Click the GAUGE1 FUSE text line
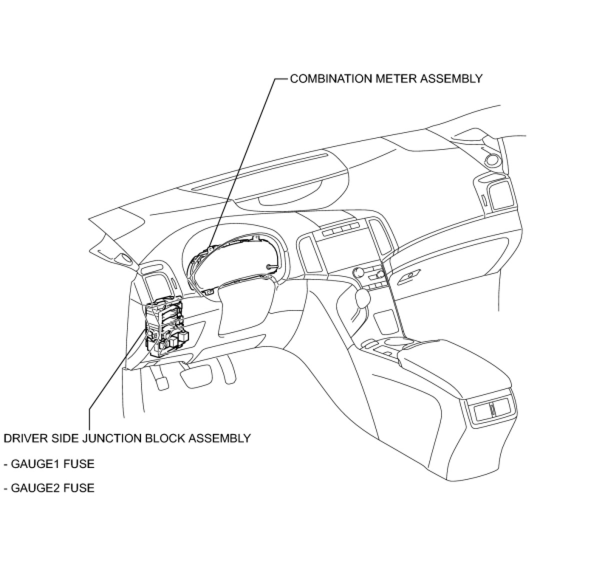(x=49, y=463)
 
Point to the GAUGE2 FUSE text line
(x=49, y=487)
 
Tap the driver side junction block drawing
(x=165, y=327)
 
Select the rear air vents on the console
(x=491, y=410)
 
